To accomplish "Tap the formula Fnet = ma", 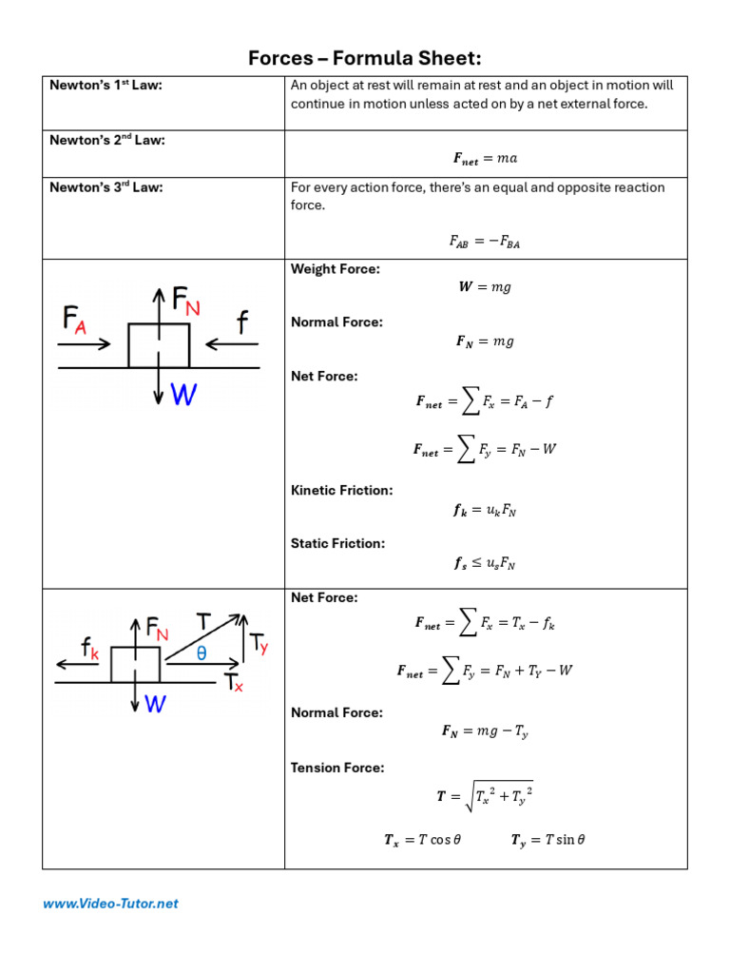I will [485, 158].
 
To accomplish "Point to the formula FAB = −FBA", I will [485, 242].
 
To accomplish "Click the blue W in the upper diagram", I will [183, 395].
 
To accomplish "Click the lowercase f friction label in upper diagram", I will [242, 323].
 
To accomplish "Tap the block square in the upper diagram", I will [159, 345].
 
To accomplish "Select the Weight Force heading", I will [335, 269].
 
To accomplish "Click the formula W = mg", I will [485, 287].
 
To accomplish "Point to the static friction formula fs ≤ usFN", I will [485, 563].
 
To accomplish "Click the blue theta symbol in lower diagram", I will [202, 653].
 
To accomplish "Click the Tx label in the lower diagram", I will [234, 682].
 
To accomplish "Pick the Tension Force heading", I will [337, 768].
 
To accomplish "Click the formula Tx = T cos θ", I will [422, 840].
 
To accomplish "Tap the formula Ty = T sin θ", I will [547, 840].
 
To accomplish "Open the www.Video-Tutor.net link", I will [110, 904].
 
